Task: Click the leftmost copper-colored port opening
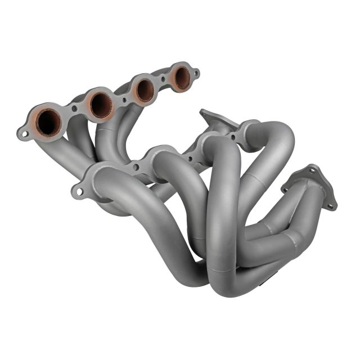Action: pyautogui.click(x=49, y=121)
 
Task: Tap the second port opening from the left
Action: pyautogui.click(x=101, y=104)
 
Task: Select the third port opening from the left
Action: pyautogui.click(x=145, y=90)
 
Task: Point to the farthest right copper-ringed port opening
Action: pyautogui.click(x=181, y=78)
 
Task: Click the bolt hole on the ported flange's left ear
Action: pyautogui.click(x=24, y=134)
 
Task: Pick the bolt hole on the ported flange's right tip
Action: pyautogui.click(x=196, y=73)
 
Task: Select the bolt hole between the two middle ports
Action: pyautogui.click(x=124, y=100)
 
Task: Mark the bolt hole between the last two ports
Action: pyautogui.click(x=163, y=79)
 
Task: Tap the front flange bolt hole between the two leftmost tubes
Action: pyautogui.click(x=134, y=166)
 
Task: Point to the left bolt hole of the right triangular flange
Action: pyautogui.click(x=286, y=189)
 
